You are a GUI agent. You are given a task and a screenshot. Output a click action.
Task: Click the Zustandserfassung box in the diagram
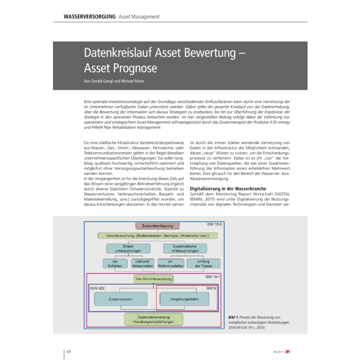[157, 225]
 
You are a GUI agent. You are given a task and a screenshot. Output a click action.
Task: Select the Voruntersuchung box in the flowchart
[157, 236]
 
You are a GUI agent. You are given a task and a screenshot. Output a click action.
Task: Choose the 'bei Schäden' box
[111, 263]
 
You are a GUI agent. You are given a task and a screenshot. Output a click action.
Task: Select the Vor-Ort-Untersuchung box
[153, 279]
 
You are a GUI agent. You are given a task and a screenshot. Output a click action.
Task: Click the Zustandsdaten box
[121, 298]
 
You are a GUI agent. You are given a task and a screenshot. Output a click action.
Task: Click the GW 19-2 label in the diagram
[213, 225]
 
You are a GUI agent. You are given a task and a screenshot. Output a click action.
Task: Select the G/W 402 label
[98, 288]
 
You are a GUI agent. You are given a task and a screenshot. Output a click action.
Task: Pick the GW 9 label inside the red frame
[211, 289]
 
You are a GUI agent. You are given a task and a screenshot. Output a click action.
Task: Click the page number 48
[69, 352]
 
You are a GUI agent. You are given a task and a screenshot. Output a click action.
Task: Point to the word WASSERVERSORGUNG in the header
[89, 17]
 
